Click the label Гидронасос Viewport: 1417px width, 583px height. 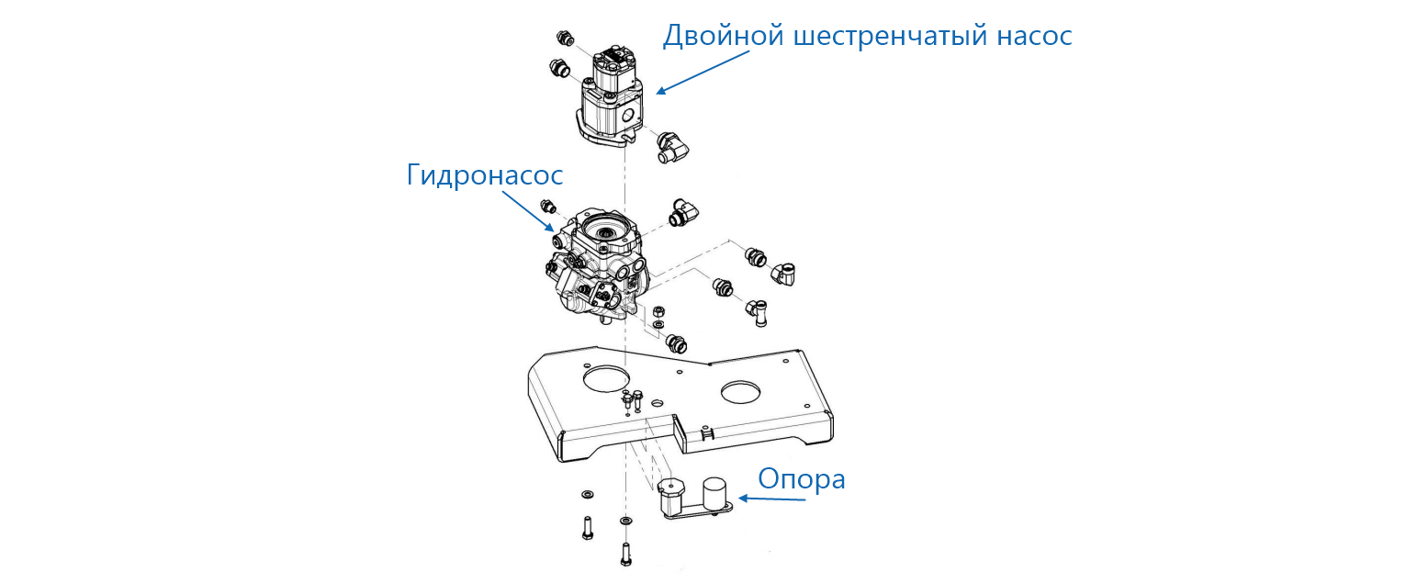click(x=485, y=175)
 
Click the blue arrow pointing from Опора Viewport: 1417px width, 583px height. click(x=771, y=499)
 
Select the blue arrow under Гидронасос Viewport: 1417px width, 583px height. click(x=528, y=211)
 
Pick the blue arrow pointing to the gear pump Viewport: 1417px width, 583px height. click(x=703, y=73)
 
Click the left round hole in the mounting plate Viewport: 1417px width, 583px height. click(x=607, y=378)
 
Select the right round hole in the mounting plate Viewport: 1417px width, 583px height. click(x=740, y=392)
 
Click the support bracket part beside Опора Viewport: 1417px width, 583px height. click(x=694, y=499)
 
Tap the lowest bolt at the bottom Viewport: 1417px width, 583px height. click(x=626, y=555)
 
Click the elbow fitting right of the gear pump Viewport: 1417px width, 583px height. click(x=672, y=148)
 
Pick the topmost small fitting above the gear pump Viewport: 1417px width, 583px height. click(x=565, y=39)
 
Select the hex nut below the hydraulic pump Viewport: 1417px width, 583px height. click(x=658, y=311)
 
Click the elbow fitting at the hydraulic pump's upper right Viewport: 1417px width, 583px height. click(x=683, y=212)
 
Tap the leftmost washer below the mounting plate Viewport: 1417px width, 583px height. click(x=587, y=493)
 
